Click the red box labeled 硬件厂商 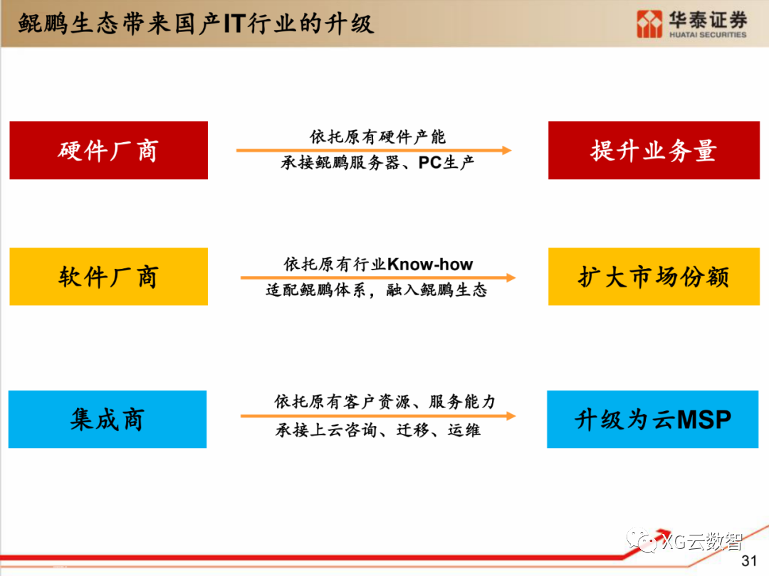[x=108, y=150]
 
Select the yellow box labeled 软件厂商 [x=108, y=277]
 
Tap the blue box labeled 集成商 [x=108, y=419]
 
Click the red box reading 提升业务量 [x=653, y=150]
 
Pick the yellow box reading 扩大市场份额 [x=653, y=277]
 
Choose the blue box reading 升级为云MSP [x=652, y=419]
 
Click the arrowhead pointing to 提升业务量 [x=506, y=150]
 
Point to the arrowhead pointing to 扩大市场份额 [x=511, y=277]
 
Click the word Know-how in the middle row [x=430, y=265]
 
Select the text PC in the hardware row [x=430, y=163]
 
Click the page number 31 [x=749, y=560]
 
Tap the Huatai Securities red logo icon [x=649, y=23]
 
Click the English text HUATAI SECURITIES [x=707, y=34]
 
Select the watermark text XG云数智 [x=701, y=542]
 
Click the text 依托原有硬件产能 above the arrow [x=377, y=137]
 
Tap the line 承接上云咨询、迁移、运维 [x=378, y=430]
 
